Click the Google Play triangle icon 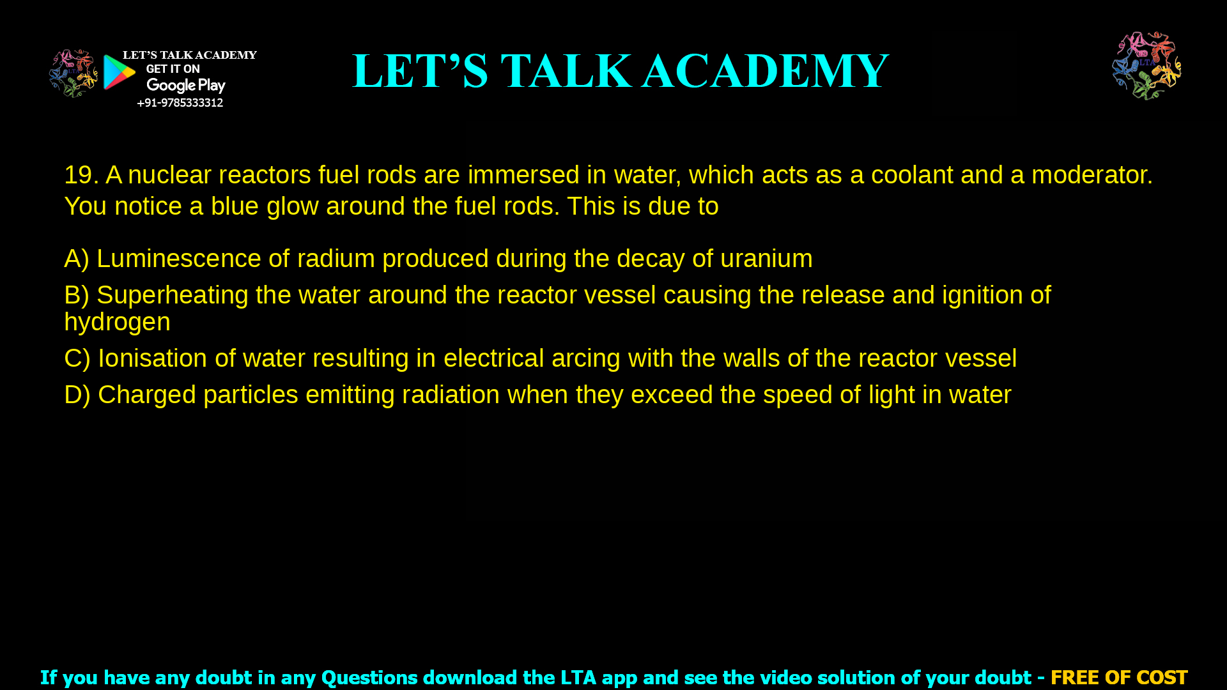[120, 72]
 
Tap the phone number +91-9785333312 [180, 103]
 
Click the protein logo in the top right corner [1146, 66]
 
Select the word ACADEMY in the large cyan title [765, 71]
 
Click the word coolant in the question [912, 175]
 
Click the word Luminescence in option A [178, 259]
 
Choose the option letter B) [77, 295]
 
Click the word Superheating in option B [173, 295]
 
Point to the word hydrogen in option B [117, 322]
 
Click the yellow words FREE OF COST [1118, 677]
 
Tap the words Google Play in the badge [186, 86]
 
